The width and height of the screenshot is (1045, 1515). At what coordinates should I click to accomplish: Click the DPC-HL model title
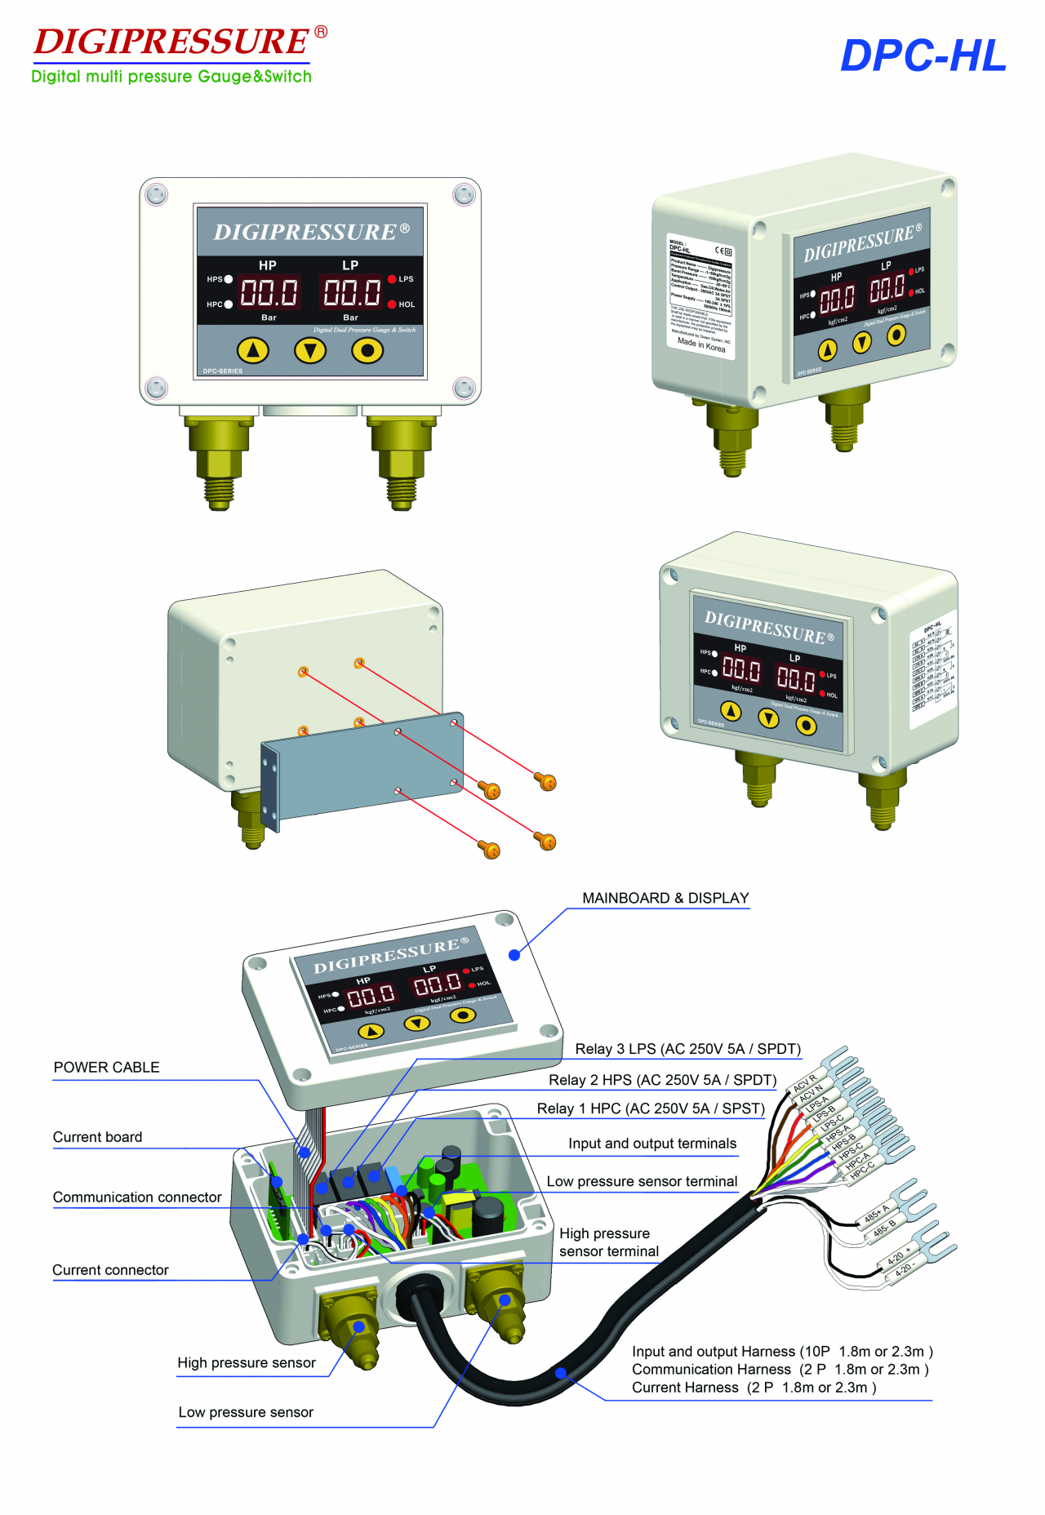[x=923, y=56]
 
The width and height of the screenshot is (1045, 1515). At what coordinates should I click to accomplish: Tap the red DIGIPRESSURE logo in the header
[x=171, y=42]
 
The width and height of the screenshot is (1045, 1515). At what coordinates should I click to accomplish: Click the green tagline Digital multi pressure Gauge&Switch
[x=171, y=77]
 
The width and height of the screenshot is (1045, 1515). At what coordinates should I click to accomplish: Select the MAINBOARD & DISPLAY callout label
[x=665, y=898]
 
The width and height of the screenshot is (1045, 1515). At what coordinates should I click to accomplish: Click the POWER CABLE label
[x=106, y=1068]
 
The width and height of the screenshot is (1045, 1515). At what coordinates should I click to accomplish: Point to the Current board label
[x=97, y=1137]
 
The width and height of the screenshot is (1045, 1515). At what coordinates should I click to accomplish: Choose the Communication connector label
[x=137, y=1197]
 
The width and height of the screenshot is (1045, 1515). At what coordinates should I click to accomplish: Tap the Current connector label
[x=110, y=1270]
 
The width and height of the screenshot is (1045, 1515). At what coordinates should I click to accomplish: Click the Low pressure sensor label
[x=246, y=1412]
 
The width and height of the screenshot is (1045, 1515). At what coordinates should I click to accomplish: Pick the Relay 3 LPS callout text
[x=687, y=1049]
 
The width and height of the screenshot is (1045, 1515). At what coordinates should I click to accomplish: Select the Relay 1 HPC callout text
[x=650, y=1108]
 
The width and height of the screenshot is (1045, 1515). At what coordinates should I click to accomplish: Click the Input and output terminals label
[x=652, y=1144]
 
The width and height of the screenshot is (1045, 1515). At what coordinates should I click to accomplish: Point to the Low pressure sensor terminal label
[x=642, y=1181]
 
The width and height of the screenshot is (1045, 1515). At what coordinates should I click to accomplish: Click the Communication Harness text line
[x=780, y=1369]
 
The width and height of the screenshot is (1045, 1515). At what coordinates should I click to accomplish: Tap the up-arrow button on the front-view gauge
[x=252, y=351]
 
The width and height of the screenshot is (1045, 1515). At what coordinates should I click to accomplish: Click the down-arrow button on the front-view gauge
[x=309, y=351]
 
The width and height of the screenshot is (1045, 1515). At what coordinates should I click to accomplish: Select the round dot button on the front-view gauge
[x=367, y=351]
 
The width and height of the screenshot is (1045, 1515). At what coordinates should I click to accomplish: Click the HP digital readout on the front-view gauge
[x=269, y=291]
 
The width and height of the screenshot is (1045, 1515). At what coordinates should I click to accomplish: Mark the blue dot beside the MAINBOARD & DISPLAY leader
[x=514, y=955]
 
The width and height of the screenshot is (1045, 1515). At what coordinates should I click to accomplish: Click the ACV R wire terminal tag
[x=805, y=1083]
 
